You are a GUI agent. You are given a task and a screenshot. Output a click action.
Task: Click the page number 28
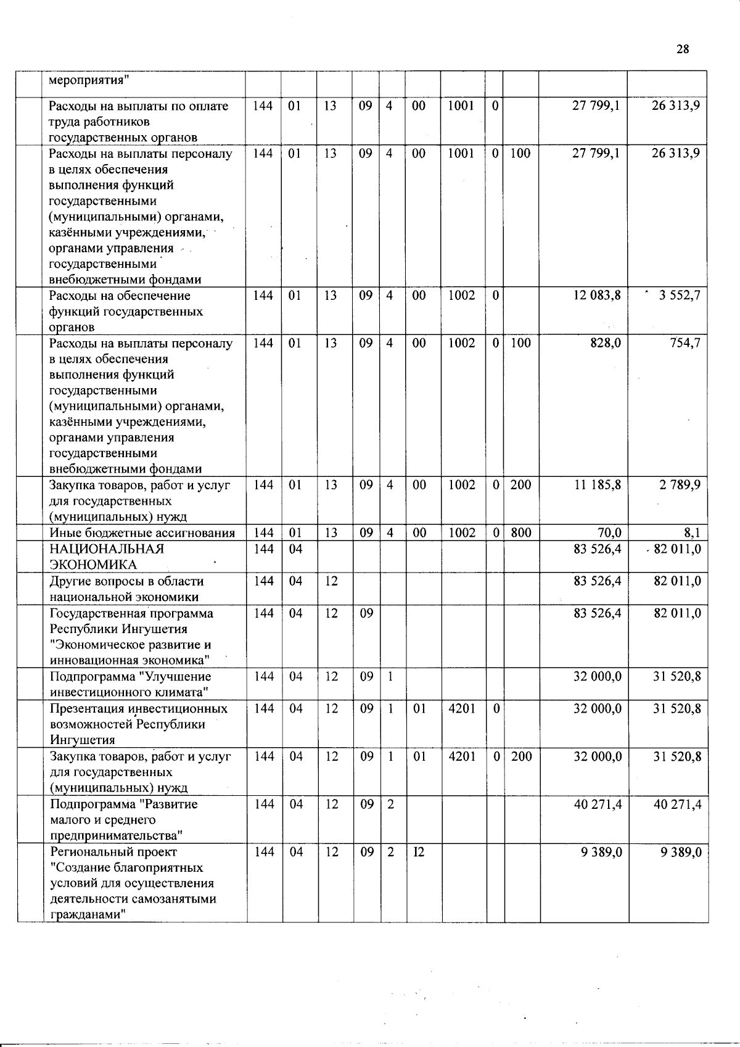coord(682,49)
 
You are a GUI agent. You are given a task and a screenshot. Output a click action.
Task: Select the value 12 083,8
coord(596,295)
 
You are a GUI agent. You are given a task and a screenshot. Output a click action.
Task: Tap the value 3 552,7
coord(679,295)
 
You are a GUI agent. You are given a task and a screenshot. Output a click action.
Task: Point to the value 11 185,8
coord(598,485)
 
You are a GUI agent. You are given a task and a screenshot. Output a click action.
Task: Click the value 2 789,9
coord(680,485)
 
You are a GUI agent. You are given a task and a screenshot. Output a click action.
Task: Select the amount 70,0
coord(609,532)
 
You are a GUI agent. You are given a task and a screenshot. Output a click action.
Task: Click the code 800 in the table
coord(521,532)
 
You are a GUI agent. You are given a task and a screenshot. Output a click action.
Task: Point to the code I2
coord(419,852)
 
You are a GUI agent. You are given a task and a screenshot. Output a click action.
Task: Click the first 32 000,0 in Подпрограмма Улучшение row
coord(598,676)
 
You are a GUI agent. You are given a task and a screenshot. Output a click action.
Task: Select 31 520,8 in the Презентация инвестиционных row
coord(676,708)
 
